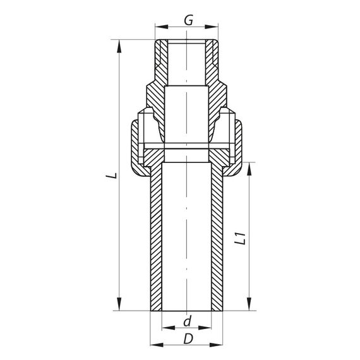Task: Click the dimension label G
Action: point(188,20)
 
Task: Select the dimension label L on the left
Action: point(111,175)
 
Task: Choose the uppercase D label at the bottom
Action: point(187,339)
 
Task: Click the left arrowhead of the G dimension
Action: point(159,28)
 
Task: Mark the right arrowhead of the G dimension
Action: point(216,28)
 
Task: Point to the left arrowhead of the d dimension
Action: point(165,329)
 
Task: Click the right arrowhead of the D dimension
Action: point(220,347)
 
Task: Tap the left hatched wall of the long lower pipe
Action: point(156,240)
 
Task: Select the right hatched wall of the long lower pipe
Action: point(217,240)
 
